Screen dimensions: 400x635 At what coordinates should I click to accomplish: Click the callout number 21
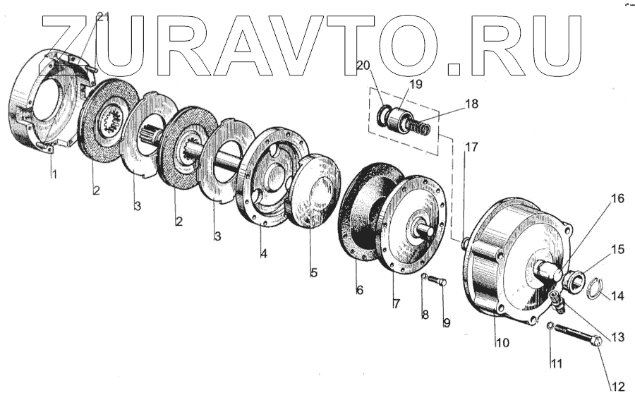click(x=102, y=18)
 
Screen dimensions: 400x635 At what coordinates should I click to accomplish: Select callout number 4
click(x=262, y=251)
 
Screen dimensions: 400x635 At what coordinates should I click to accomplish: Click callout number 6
click(x=359, y=289)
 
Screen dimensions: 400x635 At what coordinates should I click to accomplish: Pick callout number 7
click(x=396, y=303)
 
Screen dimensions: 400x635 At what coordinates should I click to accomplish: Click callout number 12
click(x=617, y=386)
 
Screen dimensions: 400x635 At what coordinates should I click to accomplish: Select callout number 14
click(x=617, y=296)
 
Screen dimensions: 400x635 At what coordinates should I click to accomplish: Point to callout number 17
click(x=471, y=148)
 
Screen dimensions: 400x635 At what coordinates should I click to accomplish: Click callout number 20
click(x=363, y=65)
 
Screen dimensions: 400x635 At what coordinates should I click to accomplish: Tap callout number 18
click(x=471, y=104)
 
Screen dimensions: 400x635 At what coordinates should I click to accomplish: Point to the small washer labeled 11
click(x=549, y=325)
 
